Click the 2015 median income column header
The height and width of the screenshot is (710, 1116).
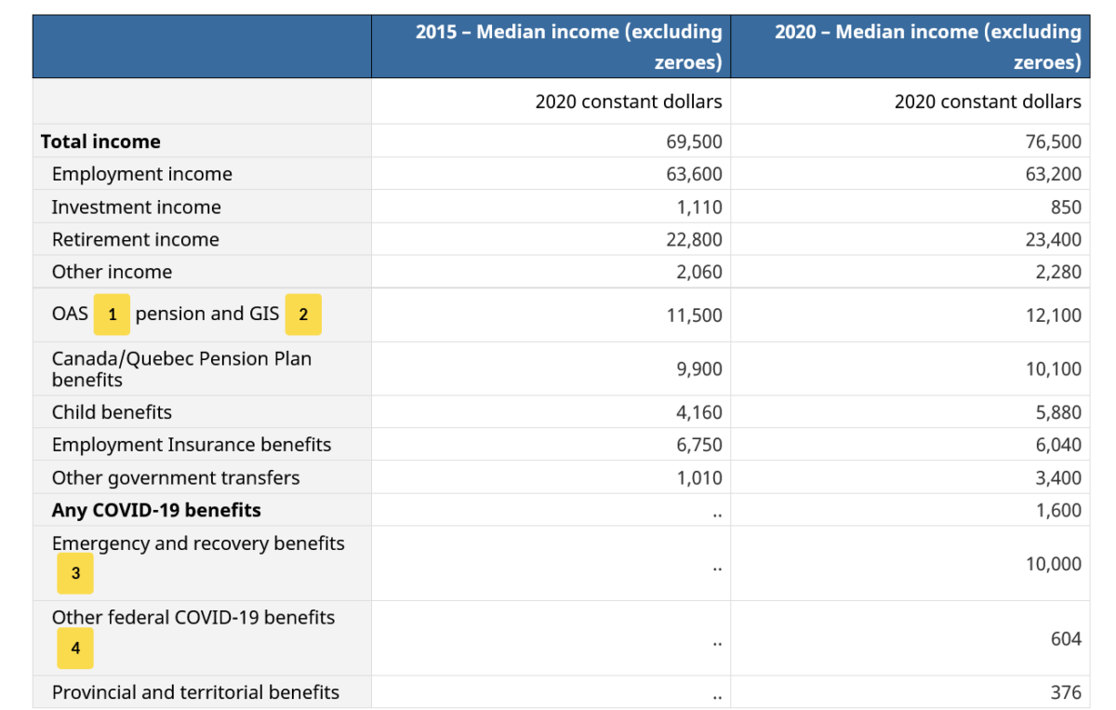click(568, 47)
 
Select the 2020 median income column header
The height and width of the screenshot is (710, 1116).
click(927, 47)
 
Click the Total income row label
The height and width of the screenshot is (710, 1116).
click(100, 141)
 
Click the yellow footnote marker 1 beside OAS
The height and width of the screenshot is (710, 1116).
click(113, 315)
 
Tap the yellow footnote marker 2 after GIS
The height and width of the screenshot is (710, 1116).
click(303, 315)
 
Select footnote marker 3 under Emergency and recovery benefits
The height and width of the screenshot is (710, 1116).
click(75, 573)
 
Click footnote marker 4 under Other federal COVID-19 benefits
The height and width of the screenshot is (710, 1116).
click(75, 648)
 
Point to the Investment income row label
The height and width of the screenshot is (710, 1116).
click(136, 207)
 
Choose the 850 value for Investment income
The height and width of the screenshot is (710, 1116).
click(1066, 207)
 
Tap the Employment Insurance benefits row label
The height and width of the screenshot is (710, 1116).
click(191, 445)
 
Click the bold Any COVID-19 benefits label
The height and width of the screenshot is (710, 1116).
click(156, 510)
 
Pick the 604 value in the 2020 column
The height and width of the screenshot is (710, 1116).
click(1066, 638)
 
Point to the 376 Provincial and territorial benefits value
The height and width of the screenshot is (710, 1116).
click(1066, 692)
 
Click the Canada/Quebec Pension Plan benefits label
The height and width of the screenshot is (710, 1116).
click(181, 368)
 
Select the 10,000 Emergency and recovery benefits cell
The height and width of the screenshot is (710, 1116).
click(1053, 564)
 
